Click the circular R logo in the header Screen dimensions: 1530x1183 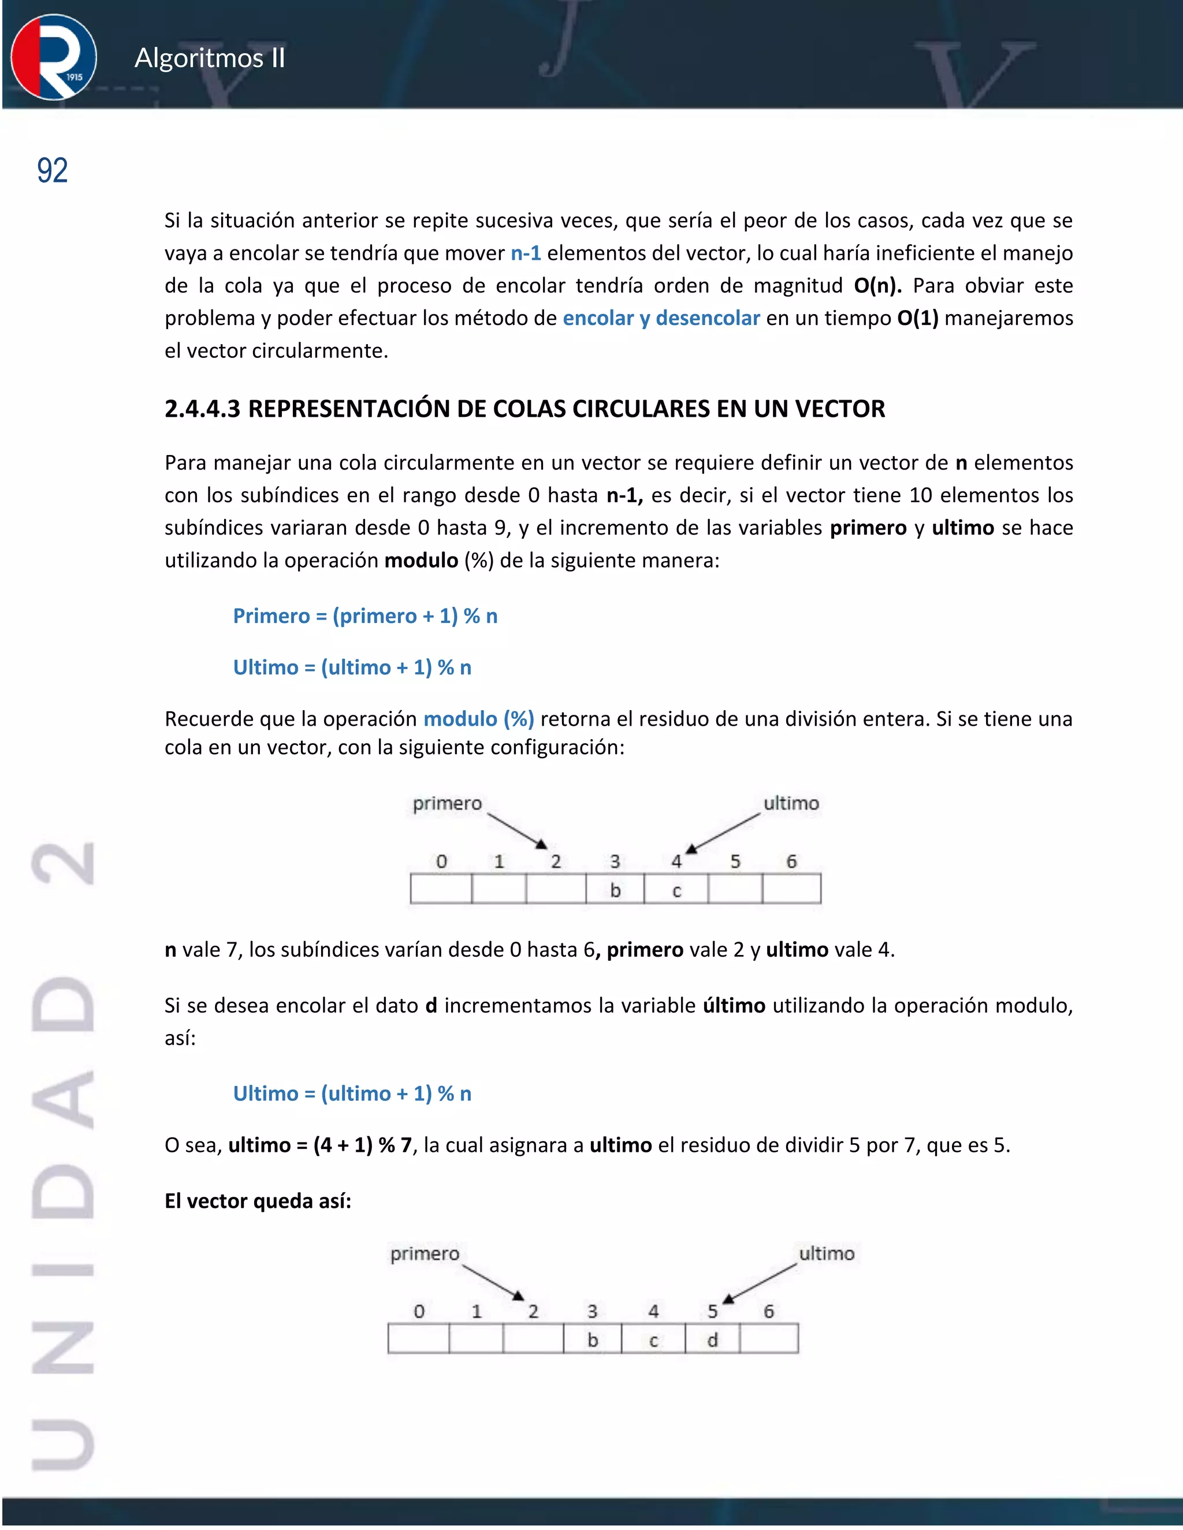[54, 57]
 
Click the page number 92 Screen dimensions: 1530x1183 [53, 171]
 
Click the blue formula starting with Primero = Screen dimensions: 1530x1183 [365, 617]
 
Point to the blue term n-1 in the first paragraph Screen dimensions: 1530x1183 [526, 253]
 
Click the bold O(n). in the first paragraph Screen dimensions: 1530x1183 [877, 286]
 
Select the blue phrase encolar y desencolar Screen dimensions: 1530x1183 [661, 319]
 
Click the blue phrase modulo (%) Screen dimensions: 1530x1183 [479, 719]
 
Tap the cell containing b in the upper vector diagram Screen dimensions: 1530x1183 [615, 890]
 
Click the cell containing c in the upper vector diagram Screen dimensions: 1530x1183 [676, 890]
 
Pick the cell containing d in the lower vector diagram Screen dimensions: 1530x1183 [712, 1339]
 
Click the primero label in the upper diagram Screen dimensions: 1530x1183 [447, 804]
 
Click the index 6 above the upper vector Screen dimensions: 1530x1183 [791, 861]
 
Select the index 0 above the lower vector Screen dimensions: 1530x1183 [419, 1311]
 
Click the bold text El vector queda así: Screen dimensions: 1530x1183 [258, 1201]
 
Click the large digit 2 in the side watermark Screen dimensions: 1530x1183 [63, 863]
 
